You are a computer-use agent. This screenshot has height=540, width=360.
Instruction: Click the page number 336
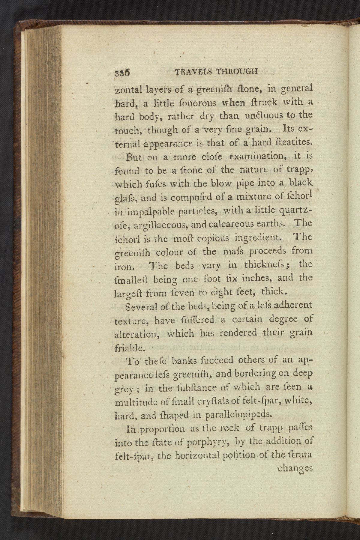pyautogui.click(x=122, y=73)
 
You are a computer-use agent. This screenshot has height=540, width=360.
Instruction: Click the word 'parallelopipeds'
pyautogui.click(x=238, y=415)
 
